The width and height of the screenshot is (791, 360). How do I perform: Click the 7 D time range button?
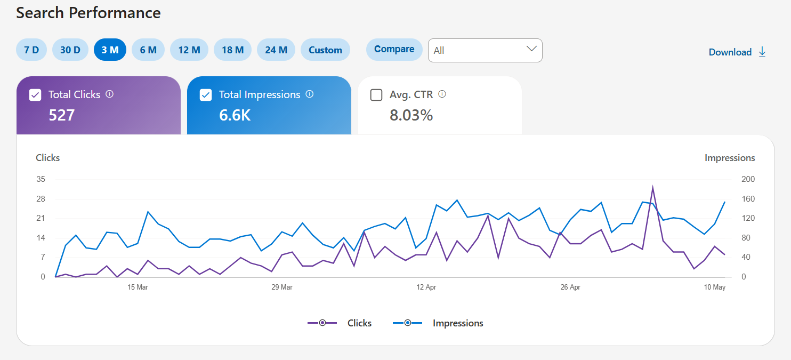click(x=31, y=50)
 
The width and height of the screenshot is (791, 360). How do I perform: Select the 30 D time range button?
click(x=70, y=50)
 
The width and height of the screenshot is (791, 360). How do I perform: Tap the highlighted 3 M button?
click(x=110, y=50)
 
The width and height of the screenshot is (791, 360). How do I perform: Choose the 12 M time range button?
click(x=189, y=50)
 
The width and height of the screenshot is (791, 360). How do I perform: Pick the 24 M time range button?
click(x=276, y=50)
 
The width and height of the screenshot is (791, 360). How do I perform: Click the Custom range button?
click(x=325, y=50)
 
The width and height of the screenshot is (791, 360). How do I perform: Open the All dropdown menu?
click(x=485, y=50)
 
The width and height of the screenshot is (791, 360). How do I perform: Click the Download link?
click(x=737, y=52)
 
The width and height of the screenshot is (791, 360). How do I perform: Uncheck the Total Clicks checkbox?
click(x=35, y=95)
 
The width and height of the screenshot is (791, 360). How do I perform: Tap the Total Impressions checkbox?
click(x=206, y=95)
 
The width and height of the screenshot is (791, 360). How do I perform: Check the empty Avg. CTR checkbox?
click(x=376, y=95)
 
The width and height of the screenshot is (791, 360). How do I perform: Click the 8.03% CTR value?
click(x=411, y=115)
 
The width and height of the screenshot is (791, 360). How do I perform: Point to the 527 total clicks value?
click(x=62, y=115)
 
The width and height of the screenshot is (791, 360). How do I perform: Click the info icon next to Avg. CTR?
click(x=442, y=94)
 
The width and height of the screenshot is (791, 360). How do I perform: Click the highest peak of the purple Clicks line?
click(x=652, y=187)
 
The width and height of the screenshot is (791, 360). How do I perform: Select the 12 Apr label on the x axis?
click(x=426, y=287)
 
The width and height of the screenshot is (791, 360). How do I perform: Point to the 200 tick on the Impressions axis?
click(x=748, y=179)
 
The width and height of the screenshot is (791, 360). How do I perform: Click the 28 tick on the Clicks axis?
click(x=41, y=199)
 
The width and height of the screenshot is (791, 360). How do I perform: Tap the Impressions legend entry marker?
click(x=408, y=323)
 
